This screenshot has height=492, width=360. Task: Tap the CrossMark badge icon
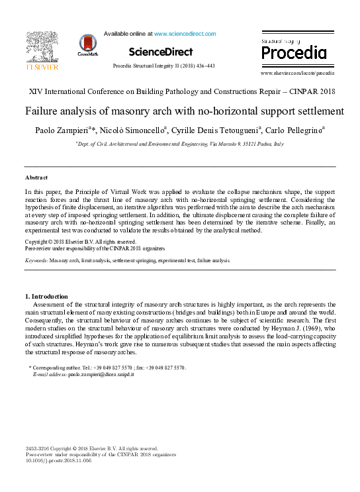tap(87, 44)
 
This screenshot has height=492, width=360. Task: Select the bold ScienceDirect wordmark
tap(161, 52)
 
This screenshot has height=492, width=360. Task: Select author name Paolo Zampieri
tap(64, 130)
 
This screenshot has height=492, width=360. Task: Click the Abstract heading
tap(36, 178)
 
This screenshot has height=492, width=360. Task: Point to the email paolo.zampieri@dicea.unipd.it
tap(111, 375)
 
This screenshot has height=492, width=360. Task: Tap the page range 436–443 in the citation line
tap(202, 66)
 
